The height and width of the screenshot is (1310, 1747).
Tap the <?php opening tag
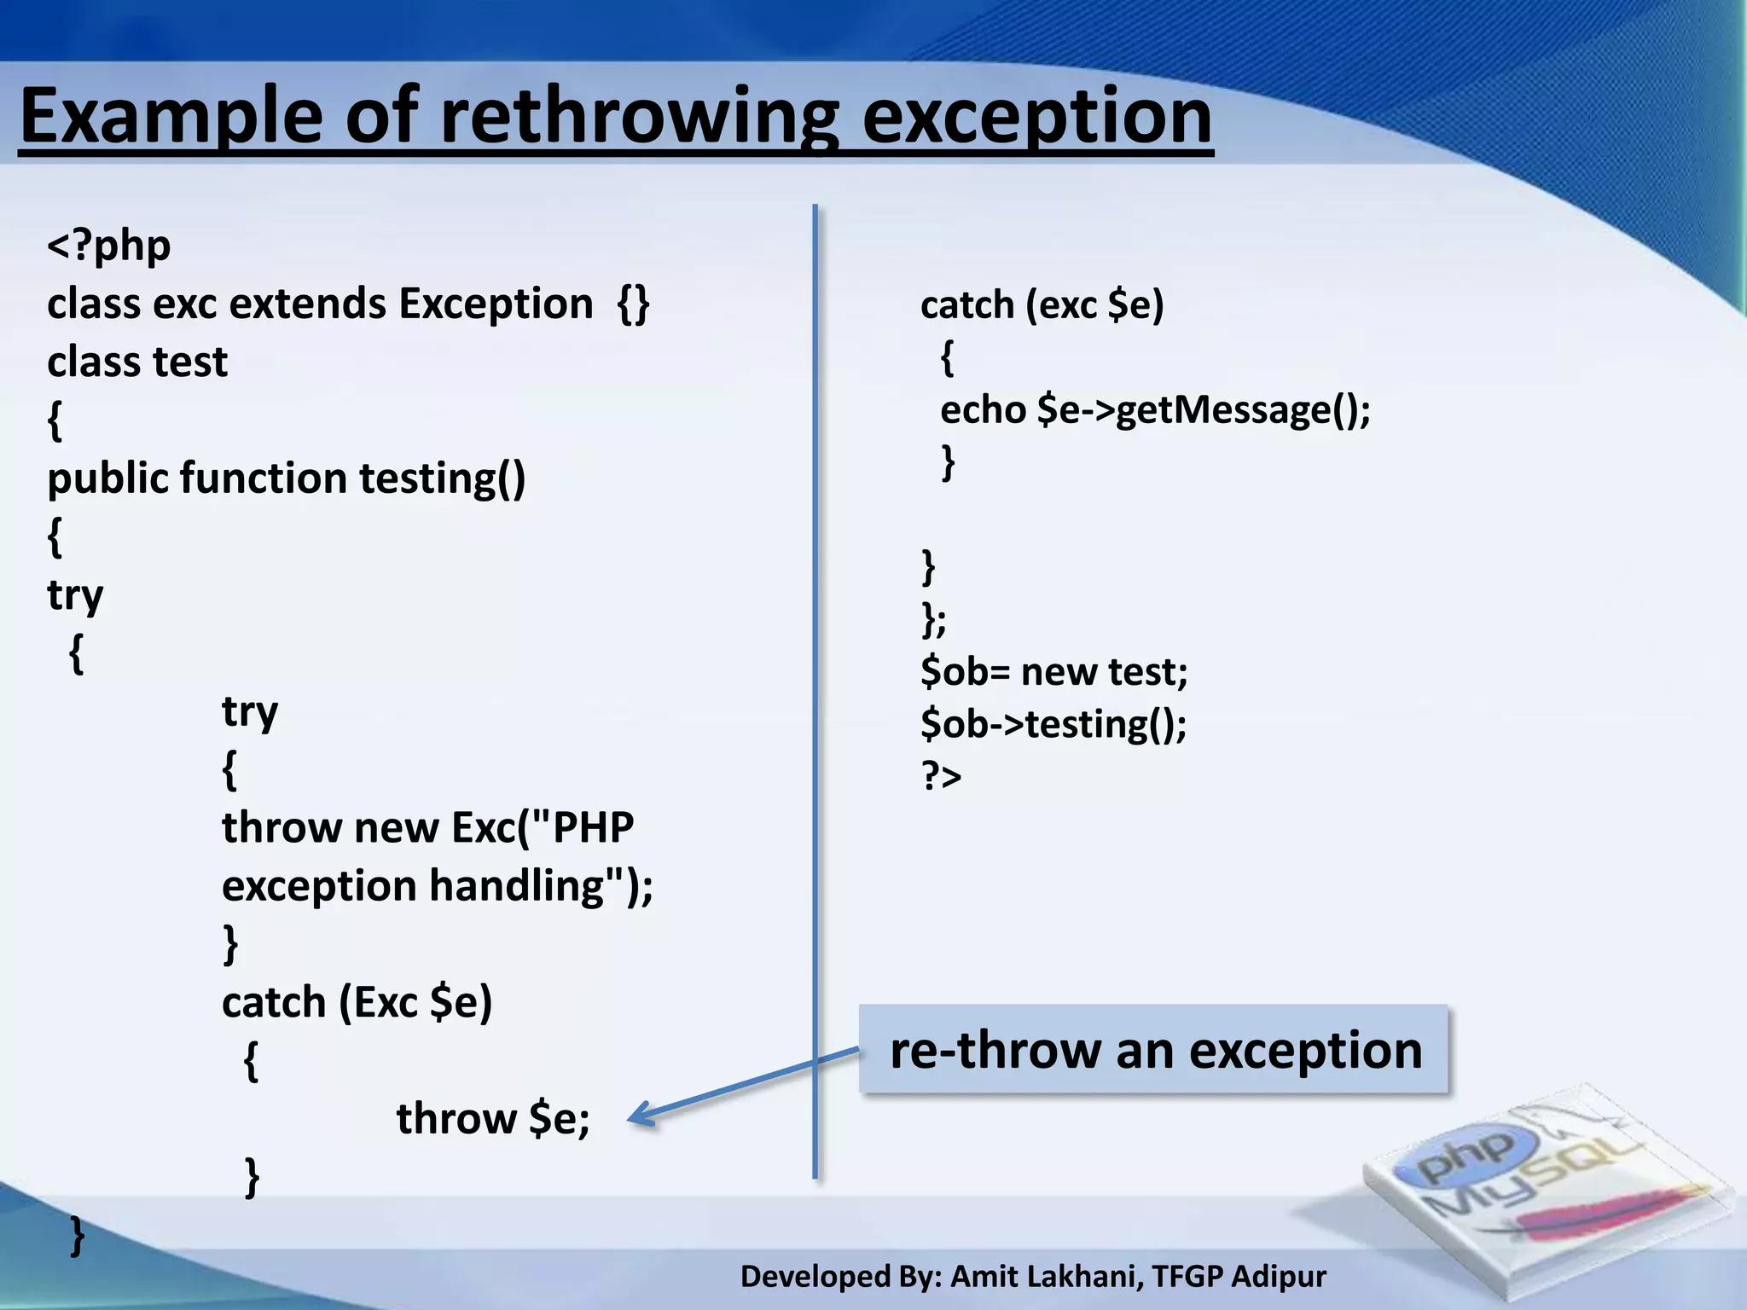(109, 246)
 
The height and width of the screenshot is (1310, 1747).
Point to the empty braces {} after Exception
(633, 304)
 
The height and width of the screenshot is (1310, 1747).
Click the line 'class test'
(137, 362)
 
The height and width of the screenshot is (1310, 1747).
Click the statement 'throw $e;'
(493, 1118)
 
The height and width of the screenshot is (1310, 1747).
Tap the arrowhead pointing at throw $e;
(640, 1114)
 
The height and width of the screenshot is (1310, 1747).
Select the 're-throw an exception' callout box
(1153, 1049)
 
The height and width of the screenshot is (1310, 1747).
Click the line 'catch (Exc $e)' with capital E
(357, 1002)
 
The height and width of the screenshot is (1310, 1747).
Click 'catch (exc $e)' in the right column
(1042, 304)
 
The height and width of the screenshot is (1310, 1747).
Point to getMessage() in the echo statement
(1242, 409)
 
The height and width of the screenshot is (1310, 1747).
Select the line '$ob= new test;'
(1053, 671)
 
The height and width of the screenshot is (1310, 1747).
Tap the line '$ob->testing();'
(1053, 724)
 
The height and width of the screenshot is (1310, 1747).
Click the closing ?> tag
(941, 776)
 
